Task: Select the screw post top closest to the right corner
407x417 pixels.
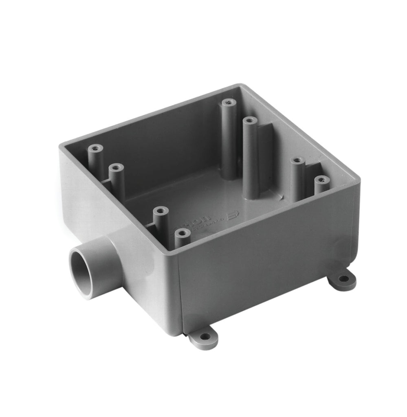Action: (322, 180)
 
